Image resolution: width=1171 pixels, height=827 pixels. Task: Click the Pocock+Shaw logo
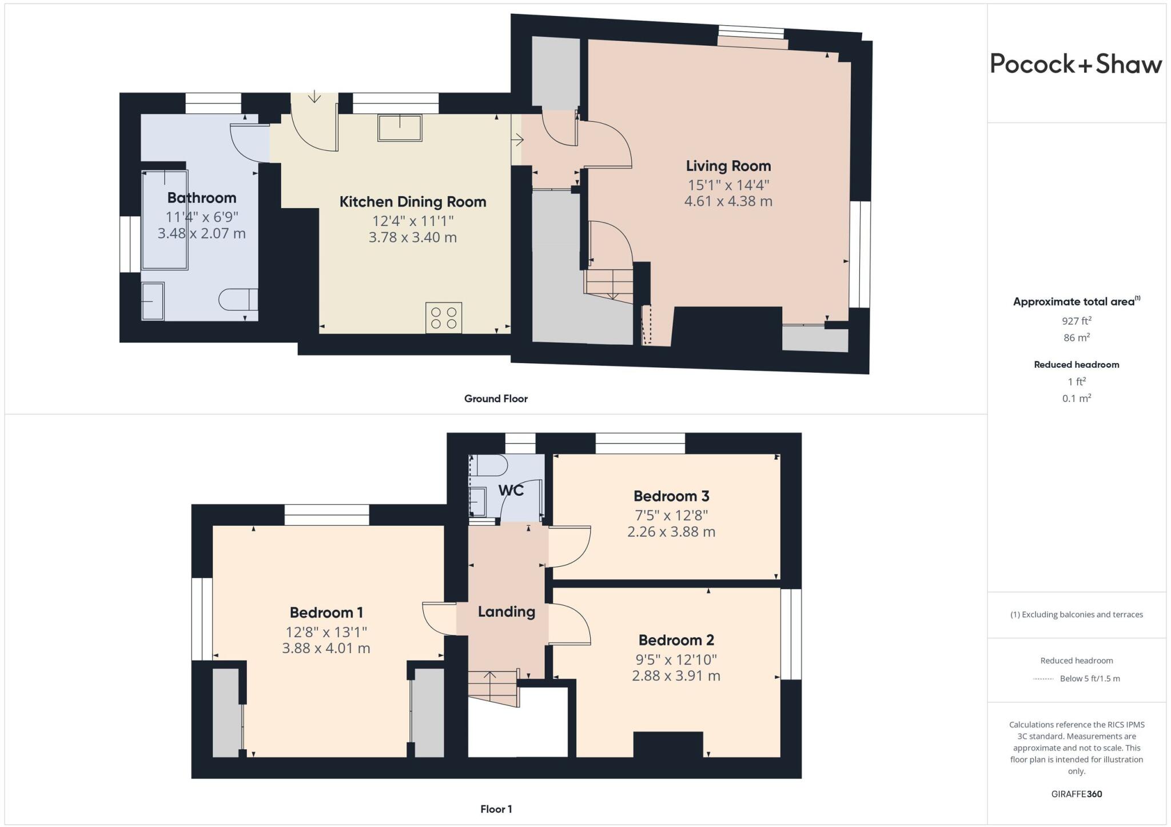pyautogui.click(x=1076, y=64)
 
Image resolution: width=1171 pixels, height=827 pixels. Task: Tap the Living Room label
pyautogui.click(x=728, y=166)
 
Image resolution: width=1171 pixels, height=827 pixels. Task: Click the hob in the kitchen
pyautogui.click(x=444, y=317)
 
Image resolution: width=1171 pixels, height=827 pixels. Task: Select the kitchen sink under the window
pyautogui.click(x=400, y=128)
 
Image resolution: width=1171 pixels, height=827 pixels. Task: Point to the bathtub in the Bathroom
pyautogui.click(x=165, y=220)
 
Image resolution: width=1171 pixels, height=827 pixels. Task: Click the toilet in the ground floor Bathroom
pyautogui.click(x=237, y=300)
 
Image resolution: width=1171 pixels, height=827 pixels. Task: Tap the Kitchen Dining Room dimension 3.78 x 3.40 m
pyautogui.click(x=412, y=237)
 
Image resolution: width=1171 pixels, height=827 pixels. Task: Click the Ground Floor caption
pyautogui.click(x=496, y=399)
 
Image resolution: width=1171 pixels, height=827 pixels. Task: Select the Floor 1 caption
pyautogui.click(x=496, y=809)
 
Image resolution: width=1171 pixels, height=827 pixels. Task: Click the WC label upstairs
pyautogui.click(x=511, y=490)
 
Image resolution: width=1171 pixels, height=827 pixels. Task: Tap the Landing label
pyautogui.click(x=507, y=611)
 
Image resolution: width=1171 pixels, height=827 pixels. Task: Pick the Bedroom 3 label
pyautogui.click(x=671, y=496)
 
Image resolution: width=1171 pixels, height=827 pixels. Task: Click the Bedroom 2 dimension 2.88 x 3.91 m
pyautogui.click(x=676, y=675)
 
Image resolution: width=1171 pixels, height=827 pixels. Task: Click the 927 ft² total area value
pyautogui.click(x=1076, y=321)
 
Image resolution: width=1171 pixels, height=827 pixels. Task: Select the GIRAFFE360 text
pyautogui.click(x=1076, y=794)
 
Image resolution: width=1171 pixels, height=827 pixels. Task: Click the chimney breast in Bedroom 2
pyautogui.click(x=668, y=744)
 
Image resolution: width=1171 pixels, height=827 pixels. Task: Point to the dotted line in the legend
pyautogui.click(x=1043, y=679)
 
